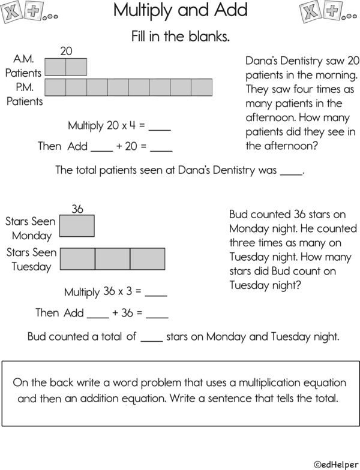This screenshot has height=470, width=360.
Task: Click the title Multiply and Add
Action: pos(180,10)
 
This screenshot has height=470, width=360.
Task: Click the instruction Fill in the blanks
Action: pos(180,37)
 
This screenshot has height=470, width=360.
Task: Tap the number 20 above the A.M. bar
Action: pos(66,52)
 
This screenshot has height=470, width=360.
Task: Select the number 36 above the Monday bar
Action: pos(77,209)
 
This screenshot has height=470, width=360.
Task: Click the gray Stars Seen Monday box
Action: pos(77,227)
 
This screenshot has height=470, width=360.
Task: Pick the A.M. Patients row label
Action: pos(24,67)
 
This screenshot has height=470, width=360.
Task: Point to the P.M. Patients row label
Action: pos(25,94)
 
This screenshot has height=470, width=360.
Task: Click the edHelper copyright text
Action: pos(335,463)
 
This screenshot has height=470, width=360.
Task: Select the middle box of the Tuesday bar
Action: pos(112,258)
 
